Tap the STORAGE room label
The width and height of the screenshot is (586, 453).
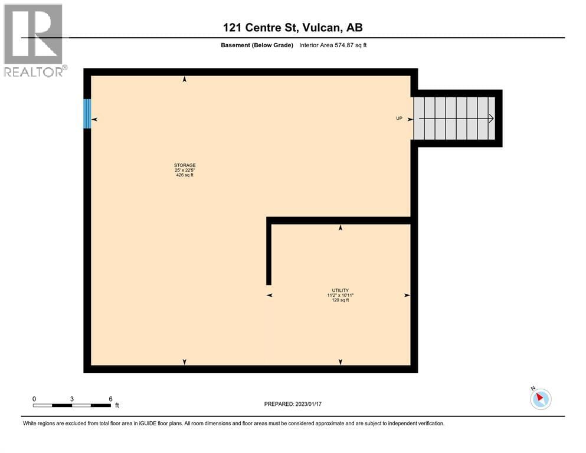coord(185,165)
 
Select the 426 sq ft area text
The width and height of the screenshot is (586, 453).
coord(185,175)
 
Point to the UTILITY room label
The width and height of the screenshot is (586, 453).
coord(341,290)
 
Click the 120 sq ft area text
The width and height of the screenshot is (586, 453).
coord(341,300)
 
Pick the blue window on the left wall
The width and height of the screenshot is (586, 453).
coord(87,113)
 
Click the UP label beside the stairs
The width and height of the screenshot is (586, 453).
coord(399,119)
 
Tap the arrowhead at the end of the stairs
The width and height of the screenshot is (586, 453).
coord(491,119)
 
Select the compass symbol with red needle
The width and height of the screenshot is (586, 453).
coord(540,399)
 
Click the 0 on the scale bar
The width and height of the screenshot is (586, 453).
coord(34,399)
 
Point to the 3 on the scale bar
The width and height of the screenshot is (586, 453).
coord(72,399)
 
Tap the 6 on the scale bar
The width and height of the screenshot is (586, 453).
coord(110,399)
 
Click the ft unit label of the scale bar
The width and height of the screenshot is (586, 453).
coord(117,406)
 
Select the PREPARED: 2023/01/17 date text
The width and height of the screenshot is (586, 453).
coord(293,404)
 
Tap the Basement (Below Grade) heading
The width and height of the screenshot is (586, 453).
coord(256,45)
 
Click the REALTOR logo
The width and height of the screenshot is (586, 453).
coord(34,40)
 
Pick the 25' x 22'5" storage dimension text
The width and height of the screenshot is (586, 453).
coord(185,170)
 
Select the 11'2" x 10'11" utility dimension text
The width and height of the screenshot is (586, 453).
coord(341,295)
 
